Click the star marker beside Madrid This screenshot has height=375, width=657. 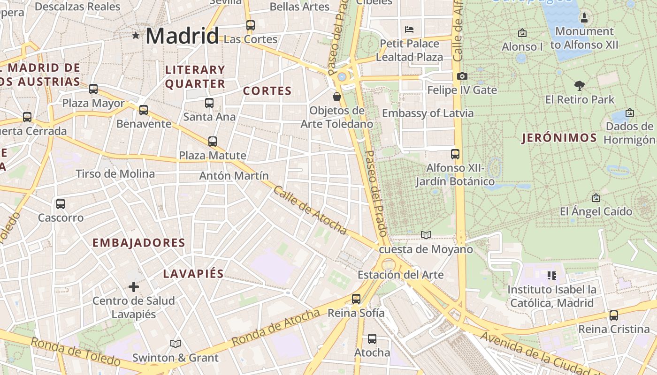click(136, 35)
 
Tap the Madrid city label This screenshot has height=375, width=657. click(182, 36)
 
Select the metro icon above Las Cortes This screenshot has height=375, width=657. click(251, 25)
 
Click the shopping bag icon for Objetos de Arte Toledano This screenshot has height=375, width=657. click(337, 97)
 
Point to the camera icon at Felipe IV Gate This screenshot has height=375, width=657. click(462, 76)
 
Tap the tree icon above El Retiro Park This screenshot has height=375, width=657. click(580, 85)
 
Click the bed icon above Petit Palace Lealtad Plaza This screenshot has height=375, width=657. click(409, 30)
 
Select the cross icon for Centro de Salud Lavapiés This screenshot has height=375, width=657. click(134, 286)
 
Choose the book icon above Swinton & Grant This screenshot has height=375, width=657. click(176, 344)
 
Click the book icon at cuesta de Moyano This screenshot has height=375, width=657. click(426, 235)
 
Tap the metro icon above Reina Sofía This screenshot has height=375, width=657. click(356, 299)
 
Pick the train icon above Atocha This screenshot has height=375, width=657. click(372, 338)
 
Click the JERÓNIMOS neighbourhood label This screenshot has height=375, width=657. click(559, 138)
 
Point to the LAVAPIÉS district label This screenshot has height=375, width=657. click(193, 274)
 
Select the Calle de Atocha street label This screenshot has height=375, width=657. click(310, 210)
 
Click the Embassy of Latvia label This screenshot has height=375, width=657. click(428, 113)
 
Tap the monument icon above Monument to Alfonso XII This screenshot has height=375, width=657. click(584, 18)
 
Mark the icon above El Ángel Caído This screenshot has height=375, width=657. click(596, 198)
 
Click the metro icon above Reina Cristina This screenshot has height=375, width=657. click(614, 315)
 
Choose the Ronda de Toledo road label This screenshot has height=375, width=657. click(75, 352)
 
